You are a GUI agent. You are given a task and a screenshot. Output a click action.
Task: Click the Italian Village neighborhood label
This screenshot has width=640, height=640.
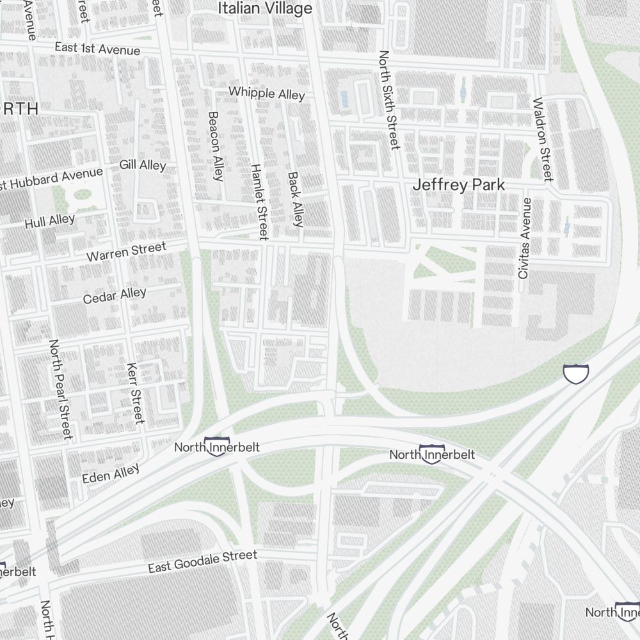point(265,9)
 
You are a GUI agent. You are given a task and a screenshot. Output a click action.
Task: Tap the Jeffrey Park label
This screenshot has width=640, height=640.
point(459,185)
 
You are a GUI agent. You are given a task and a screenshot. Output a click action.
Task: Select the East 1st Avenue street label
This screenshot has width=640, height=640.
point(97,49)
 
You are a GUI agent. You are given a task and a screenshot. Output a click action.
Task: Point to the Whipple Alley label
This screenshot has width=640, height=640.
point(267,93)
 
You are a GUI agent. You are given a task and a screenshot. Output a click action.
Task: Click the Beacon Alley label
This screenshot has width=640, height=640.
point(215,145)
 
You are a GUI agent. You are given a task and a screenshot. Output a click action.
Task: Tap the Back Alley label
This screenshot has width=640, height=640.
point(295,199)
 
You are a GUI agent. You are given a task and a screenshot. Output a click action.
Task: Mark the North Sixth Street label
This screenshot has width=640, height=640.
point(388,100)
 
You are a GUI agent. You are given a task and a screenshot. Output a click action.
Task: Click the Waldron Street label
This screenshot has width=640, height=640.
point(542,139)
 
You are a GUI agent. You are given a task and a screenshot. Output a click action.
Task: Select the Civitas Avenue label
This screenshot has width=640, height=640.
point(525,238)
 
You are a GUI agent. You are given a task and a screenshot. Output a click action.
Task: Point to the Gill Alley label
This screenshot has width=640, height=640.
point(143,165)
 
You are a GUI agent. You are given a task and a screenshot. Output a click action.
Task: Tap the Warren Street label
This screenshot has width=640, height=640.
point(126,251)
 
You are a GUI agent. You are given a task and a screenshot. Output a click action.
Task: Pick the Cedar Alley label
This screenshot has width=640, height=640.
point(115,296)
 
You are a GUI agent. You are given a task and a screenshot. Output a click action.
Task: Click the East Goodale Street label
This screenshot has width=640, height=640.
point(202,562)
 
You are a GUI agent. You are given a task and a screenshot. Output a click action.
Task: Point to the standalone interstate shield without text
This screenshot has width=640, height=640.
point(575,374)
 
